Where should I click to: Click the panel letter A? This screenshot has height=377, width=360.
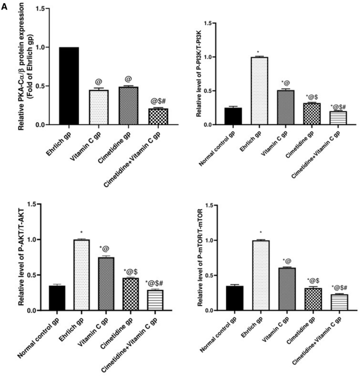pos(5,5)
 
